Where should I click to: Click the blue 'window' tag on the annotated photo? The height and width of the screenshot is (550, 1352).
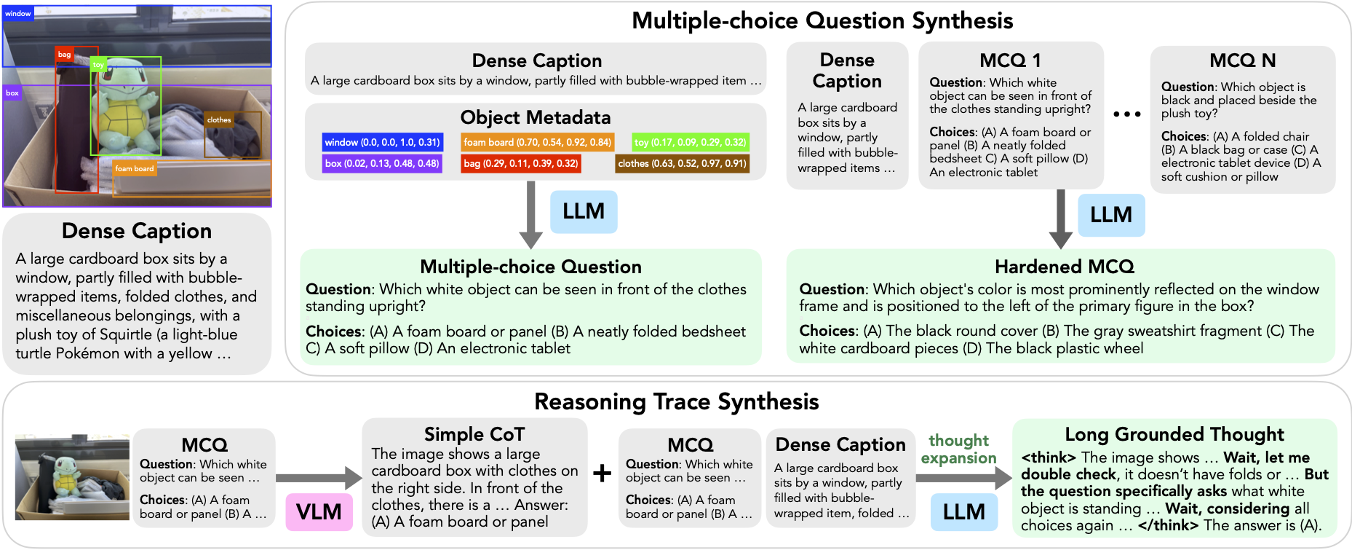click(18, 14)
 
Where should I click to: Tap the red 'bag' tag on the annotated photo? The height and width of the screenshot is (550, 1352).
click(65, 55)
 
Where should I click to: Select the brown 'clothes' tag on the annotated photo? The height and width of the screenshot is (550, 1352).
click(219, 120)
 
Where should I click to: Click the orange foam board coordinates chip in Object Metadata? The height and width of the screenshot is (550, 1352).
click(537, 142)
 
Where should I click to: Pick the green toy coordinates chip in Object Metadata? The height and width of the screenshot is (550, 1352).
click(690, 142)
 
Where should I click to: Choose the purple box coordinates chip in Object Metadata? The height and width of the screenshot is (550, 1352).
click(382, 163)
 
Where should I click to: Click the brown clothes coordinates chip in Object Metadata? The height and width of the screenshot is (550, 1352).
click(682, 163)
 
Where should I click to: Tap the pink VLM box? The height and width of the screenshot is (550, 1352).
click(319, 511)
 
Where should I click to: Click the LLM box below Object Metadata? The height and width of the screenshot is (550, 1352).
click(584, 211)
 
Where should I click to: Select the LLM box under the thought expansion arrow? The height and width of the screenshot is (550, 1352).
click(963, 511)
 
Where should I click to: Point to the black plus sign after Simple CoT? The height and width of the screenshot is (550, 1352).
click(602, 474)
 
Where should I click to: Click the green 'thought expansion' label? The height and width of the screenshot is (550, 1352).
click(958, 449)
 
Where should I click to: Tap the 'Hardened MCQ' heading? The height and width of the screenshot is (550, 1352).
click(1064, 267)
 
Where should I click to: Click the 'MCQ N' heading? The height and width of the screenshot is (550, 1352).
click(1242, 60)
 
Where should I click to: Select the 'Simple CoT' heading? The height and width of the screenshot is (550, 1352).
click(474, 435)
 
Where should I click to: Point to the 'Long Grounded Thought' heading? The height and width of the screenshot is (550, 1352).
click(1174, 435)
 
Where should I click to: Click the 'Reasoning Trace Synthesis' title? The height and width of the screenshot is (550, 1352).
click(676, 402)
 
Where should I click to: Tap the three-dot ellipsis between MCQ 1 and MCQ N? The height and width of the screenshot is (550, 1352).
click(1126, 114)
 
